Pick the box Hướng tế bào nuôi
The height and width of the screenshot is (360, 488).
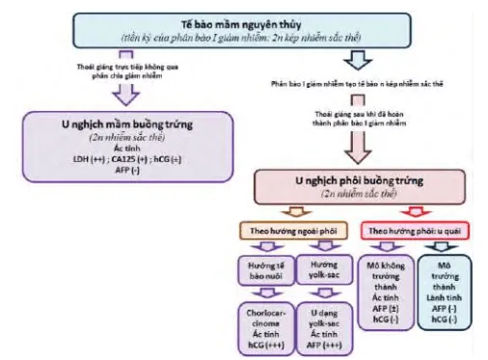[257, 269]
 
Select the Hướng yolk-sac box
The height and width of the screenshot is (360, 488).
[311, 269]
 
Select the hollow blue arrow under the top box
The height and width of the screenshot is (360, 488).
[354, 59]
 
